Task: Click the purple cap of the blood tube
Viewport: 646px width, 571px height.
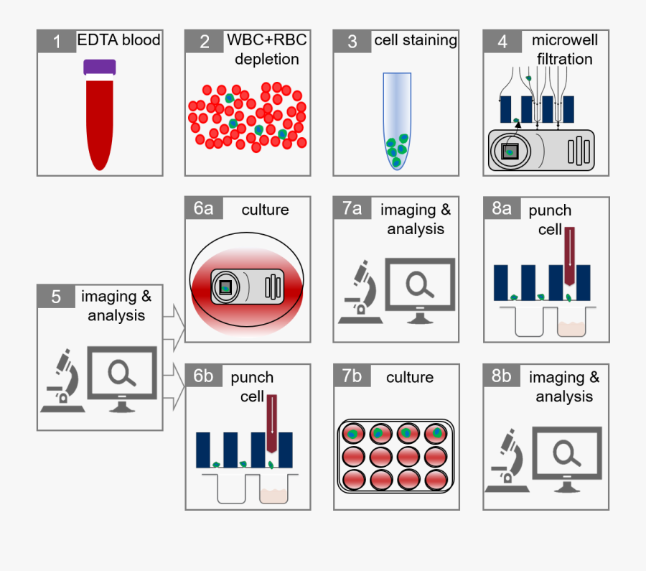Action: pyautogui.click(x=100, y=68)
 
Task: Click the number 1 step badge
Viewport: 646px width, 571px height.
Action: pyautogui.click(x=57, y=41)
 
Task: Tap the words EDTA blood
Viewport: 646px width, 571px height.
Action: pyautogui.click(x=118, y=40)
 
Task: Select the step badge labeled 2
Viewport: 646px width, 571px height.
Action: pyautogui.click(x=205, y=41)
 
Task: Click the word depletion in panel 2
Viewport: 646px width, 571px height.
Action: pyautogui.click(x=267, y=60)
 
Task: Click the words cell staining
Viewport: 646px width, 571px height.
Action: pyautogui.click(x=416, y=40)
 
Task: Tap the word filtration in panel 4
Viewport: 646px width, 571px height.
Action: pyautogui.click(x=564, y=60)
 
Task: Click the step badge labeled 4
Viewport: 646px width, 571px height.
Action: pyautogui.click(x=502, y=41)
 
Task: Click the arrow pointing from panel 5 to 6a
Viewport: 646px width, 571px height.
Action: pyautogui.click(x=174, y=328)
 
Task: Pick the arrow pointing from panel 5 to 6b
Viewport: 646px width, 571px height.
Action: pyautogui.click(x=174, y=386)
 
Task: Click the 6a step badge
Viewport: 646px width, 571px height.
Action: pyautogui.click(x=204, y=208)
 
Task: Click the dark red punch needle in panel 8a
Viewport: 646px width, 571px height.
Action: pyautogui.click(x=570, y=256)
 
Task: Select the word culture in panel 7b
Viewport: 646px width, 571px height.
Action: pyautogui.click(x=410, y=377)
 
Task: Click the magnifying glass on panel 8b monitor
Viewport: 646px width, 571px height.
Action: pyautogui.click(x=566, y=452)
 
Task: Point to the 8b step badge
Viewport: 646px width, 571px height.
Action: pyautogui.click(x=502, y=376)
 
